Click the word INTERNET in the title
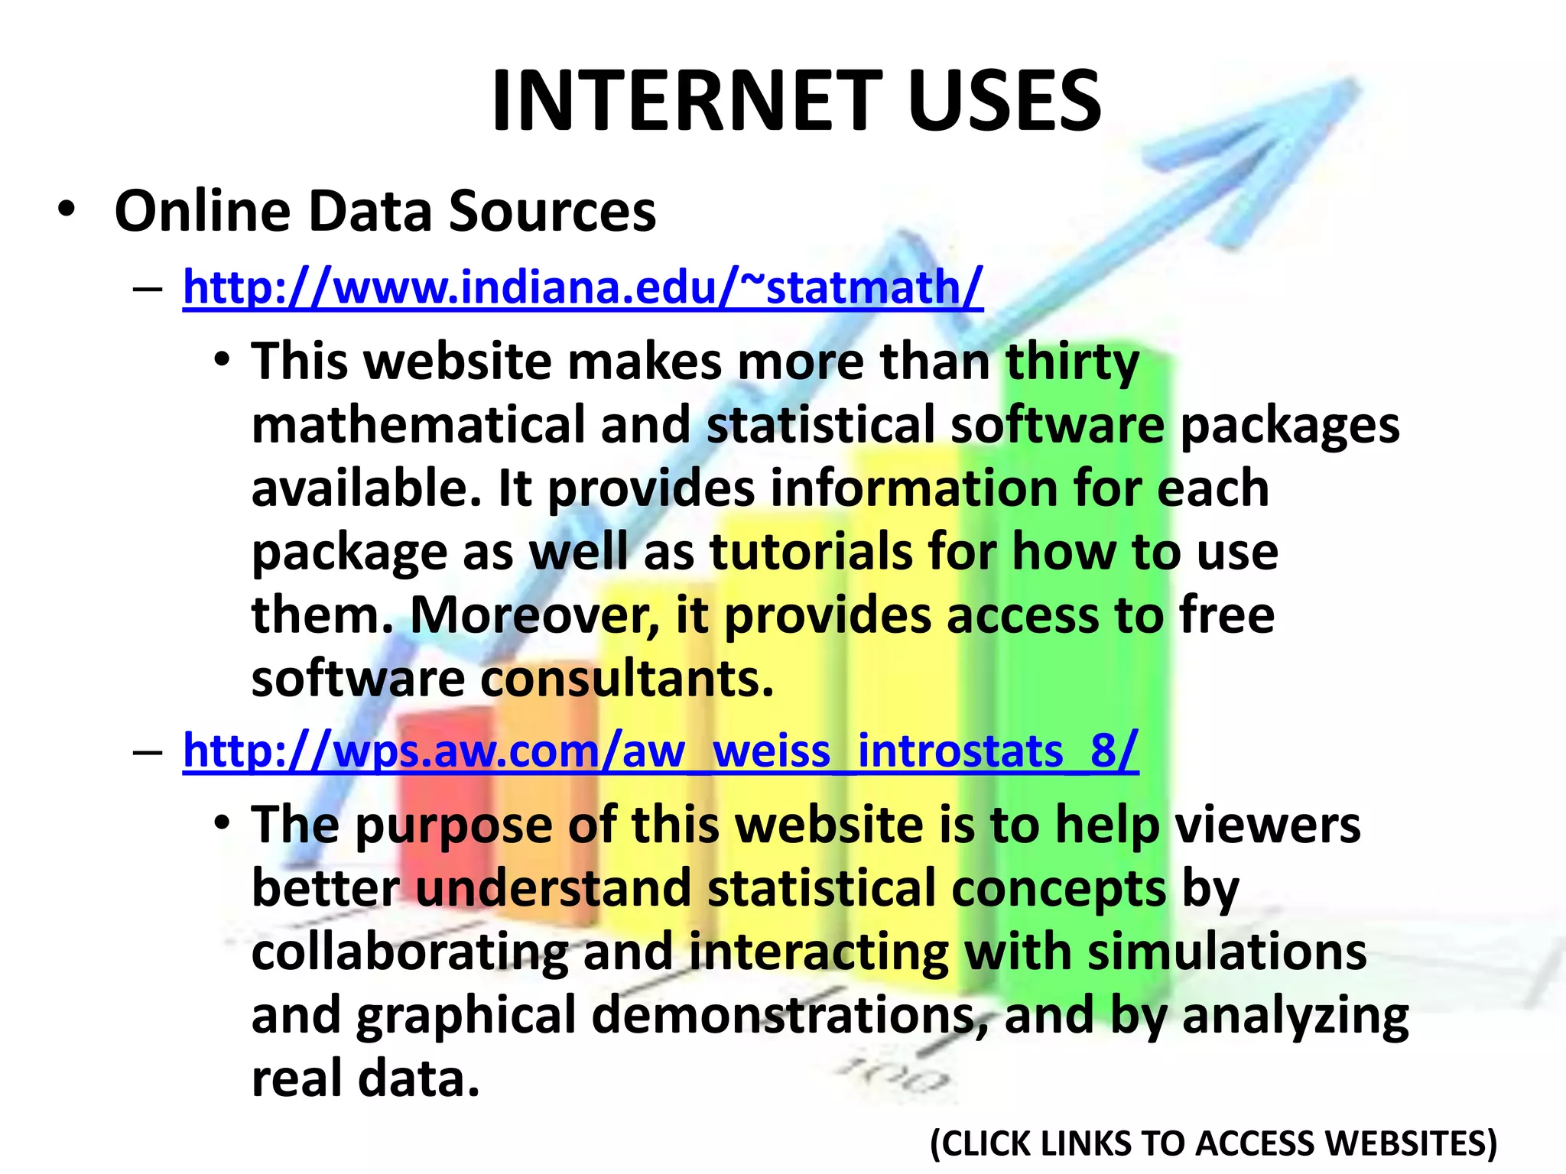coord(687,101)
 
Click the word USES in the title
coord(1005,101)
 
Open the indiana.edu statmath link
coord(583,287)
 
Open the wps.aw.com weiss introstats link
coord(661,751)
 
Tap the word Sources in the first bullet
coord(552,211)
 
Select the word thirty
coord(1072,362)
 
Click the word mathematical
coord(418,425)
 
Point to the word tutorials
coord(811,552)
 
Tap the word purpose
coord(456,825)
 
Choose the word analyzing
coord(1295,1017)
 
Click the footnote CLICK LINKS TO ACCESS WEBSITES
coord(1213,1143)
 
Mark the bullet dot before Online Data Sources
coord(67,209)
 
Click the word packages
coord(1290,426)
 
